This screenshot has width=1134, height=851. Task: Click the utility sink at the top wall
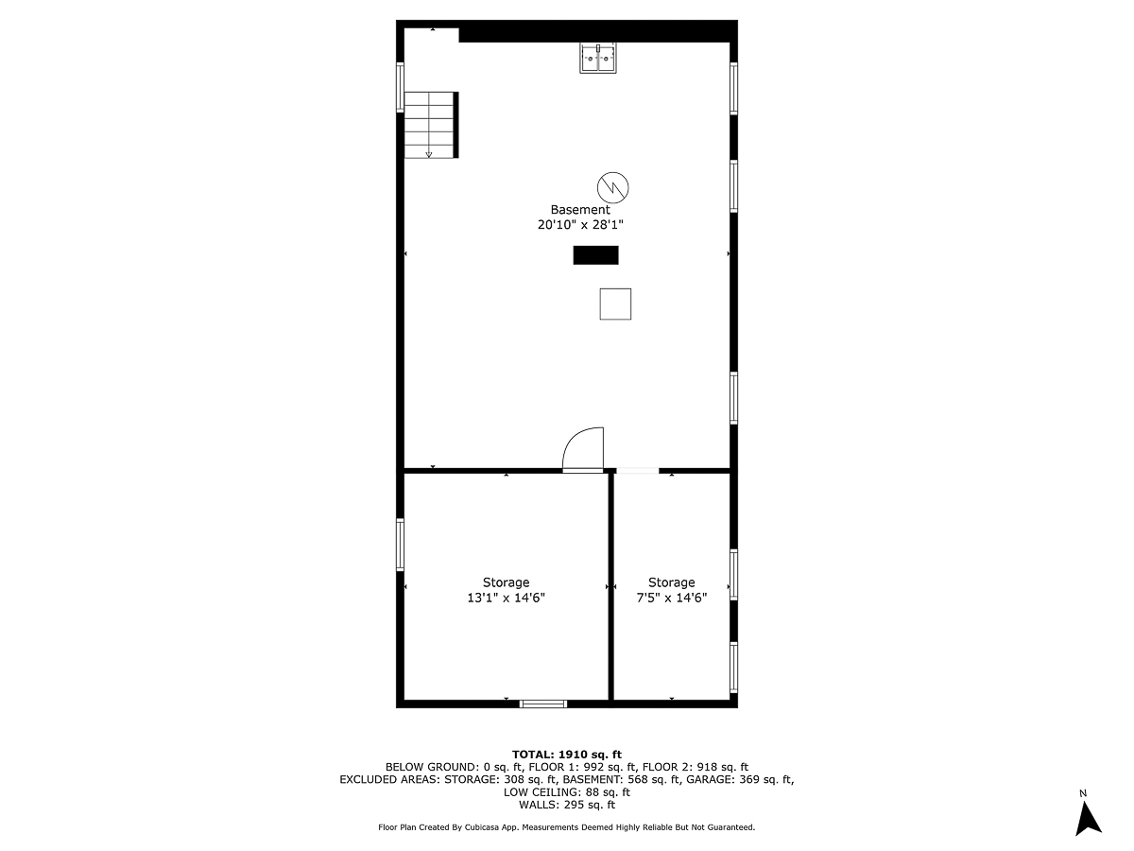click(597, 58)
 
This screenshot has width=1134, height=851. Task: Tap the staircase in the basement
click(431, 124)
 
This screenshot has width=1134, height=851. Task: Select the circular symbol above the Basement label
click(613, 186)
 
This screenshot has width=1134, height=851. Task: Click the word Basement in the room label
click(580, 210)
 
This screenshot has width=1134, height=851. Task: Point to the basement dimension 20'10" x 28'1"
click(580, 225)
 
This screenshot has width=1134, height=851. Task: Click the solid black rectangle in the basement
click(595, 255)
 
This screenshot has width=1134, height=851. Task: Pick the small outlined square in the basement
click(615, 304)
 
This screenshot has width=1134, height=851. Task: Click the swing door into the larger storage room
click(582, 450)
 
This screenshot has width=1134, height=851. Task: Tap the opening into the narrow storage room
click(638, 470)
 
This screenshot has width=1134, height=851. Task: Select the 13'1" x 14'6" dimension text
click(506, 598)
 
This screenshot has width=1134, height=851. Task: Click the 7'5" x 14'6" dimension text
click(671, 598)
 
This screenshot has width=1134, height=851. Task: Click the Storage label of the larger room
click(506, 582)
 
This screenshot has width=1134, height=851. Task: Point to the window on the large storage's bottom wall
click(543, 703)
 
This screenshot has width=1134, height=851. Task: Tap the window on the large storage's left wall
click(400, 545)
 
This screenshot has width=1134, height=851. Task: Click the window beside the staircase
click(400, 87)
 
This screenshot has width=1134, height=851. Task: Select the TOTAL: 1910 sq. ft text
click(567, 754)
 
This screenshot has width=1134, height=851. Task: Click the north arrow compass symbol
click(1089, 814)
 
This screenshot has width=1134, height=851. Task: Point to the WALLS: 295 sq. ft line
click(567, 805)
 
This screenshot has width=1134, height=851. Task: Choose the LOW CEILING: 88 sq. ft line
click(567, 792)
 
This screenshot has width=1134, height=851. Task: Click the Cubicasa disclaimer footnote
click(567, 827)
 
